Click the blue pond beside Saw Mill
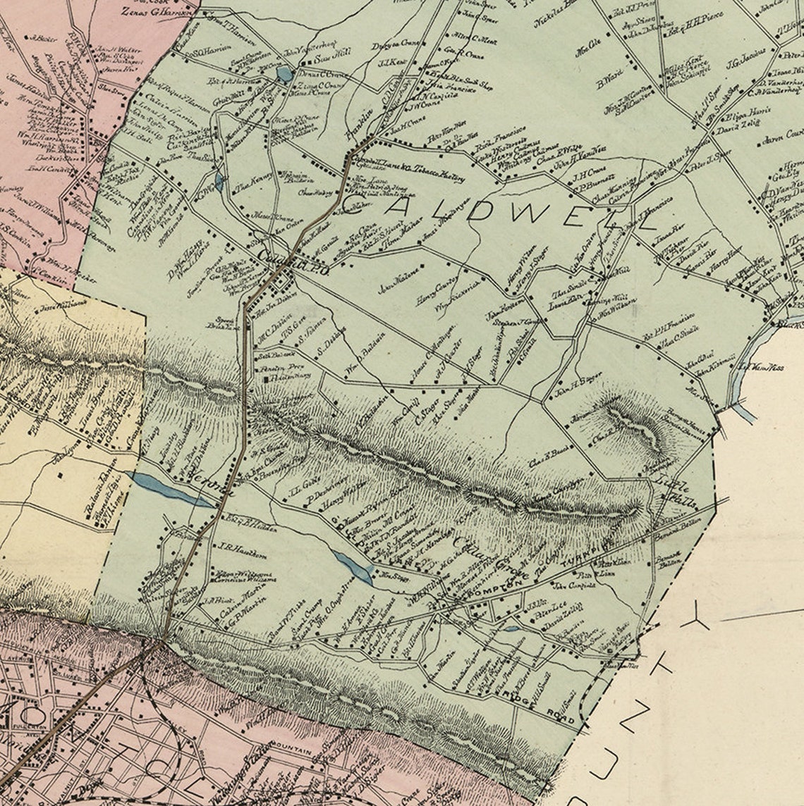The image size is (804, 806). [284, 74]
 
